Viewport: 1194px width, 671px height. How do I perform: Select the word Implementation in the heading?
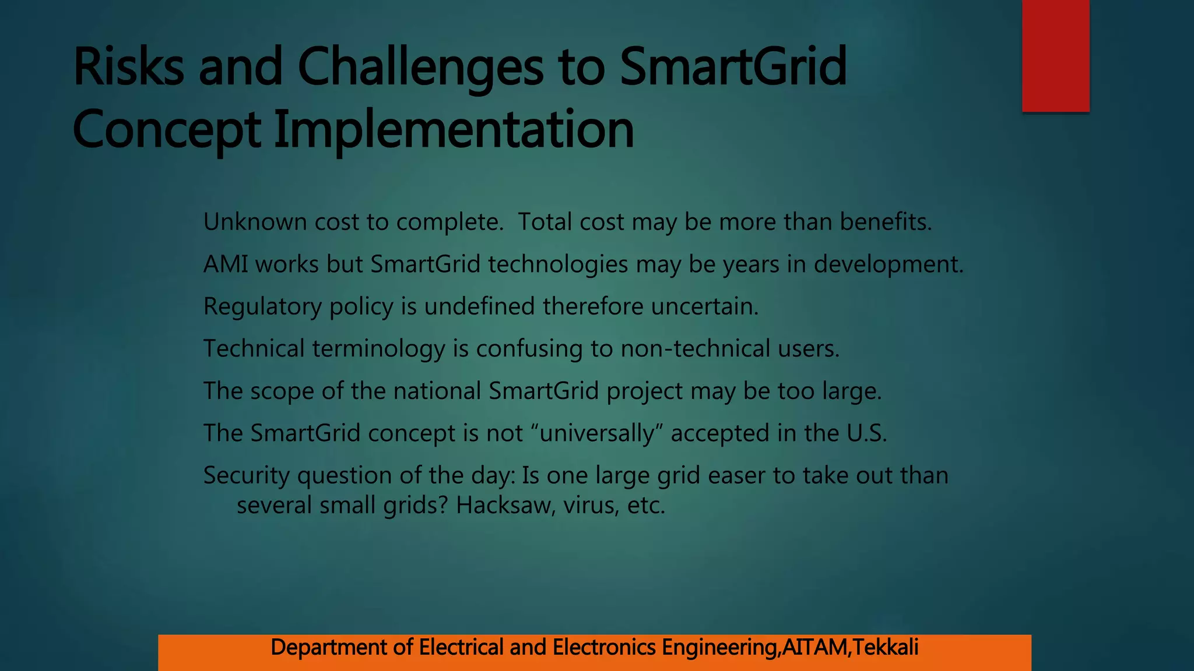tap(454, 130)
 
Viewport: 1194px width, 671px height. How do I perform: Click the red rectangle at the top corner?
tap(1055, 55)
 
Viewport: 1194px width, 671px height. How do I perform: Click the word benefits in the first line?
tap(885, 222)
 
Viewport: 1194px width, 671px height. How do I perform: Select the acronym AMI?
tap(226, 264)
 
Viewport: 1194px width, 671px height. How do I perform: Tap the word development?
tap(888, 264)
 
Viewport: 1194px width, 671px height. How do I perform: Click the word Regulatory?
tap(262, 307)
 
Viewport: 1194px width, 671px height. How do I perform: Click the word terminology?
tap(379, 349)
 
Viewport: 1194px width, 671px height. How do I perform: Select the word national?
tap(437, 391)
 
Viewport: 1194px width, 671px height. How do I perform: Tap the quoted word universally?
tap(598, 433)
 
